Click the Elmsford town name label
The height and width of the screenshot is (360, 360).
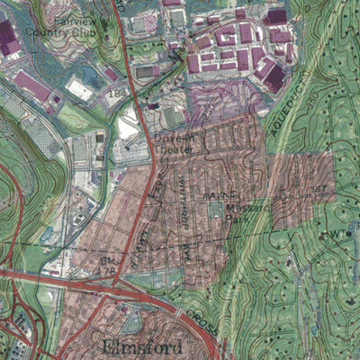[x=143, y=346]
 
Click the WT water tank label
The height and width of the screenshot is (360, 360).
[x=338, y=234]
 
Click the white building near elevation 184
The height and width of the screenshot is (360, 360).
[x=80, y=89]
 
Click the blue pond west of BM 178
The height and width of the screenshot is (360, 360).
[x=47, y=236]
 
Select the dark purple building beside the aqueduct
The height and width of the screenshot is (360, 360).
[x=275, y=78]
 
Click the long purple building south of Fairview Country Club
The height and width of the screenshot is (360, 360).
[x=32, y=86]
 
